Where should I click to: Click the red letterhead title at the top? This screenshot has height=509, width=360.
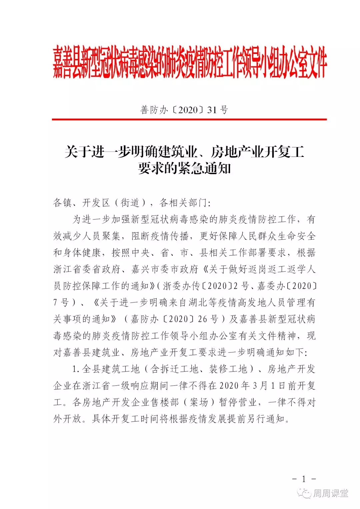[190, 63]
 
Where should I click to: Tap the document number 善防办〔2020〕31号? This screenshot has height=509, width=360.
[184, 110]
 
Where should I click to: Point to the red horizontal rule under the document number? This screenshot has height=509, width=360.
[189, 119]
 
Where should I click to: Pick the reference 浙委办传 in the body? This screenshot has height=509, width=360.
[181, 286]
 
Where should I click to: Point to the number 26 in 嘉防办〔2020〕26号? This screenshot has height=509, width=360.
[202, 319]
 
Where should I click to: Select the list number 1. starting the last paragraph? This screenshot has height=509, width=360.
[76, 369]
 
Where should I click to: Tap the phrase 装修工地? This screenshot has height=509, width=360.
[228, 369]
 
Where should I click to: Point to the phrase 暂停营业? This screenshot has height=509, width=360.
[238, 402]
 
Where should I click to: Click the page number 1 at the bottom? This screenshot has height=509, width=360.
[304, 479]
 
